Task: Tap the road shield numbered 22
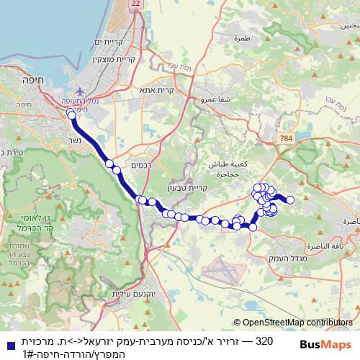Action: pyautogui.click(x=137, y=4)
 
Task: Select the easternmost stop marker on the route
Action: pyautogui.click(x=290, y=201)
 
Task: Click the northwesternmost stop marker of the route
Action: pyautogui.click(x=71, y=114)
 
